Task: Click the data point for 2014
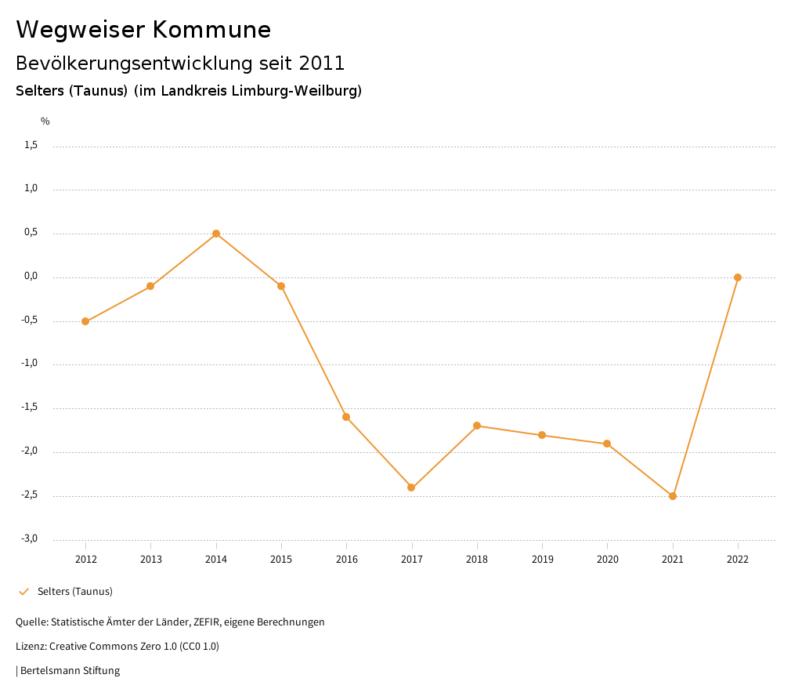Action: (x=216, y=234)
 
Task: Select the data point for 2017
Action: (x=411, y=488)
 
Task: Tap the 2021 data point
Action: (x=673, y=496)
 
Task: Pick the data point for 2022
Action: (x=738, y=277)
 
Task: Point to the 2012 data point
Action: (x=85, y=321)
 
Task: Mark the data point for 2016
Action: (x=346, y=417)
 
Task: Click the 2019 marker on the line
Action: (x=542, y=435)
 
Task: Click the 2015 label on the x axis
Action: (x=281, y=560)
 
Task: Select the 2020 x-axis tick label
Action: (x=607, y=560)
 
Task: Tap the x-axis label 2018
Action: (x=477, y=560)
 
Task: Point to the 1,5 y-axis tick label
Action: (x=31, y=145)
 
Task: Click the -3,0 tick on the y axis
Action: (x=29, y=538)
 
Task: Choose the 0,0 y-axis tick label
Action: (x=31, y=276)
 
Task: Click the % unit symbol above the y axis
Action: (x=45, y=121)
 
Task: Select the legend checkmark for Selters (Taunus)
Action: (x=23, y=592)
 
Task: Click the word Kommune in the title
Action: (x=211, y=30)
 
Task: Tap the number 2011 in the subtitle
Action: (x=322, y=63)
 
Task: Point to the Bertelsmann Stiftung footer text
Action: (x=70, y=671)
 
